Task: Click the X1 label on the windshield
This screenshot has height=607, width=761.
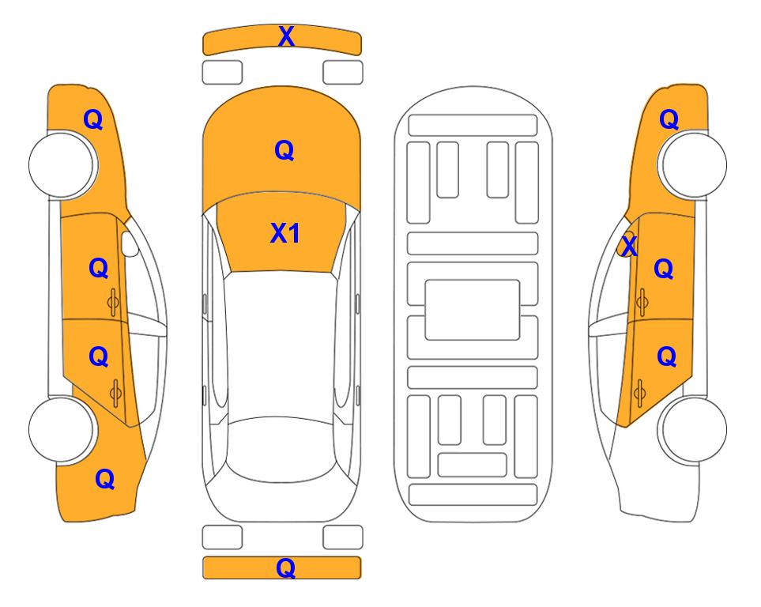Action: point(285,233)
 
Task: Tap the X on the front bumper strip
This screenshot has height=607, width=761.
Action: point(286,36)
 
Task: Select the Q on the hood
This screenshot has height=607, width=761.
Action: point(284,150)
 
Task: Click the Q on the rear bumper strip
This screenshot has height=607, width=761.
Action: point(286,567)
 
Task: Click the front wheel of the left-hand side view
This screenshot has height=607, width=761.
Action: point(62,164)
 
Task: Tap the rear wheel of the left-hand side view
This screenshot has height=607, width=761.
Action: point(62,429)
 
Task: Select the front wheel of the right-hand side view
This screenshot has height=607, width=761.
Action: point(692,164)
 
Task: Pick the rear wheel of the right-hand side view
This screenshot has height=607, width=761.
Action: point(693,429)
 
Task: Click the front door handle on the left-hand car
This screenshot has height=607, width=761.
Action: point(113,302)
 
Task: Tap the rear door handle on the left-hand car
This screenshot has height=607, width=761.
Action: point(115,393)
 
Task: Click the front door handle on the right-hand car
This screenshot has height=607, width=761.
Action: point(642,302)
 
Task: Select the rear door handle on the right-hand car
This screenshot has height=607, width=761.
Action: point(639,393)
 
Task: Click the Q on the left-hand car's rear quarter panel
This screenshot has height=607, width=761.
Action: point(105,479)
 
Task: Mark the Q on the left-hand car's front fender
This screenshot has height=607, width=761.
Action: point(93,119)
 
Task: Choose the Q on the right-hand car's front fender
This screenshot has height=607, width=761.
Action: point(669,119)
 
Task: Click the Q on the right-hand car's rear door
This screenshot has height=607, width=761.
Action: point(667,357)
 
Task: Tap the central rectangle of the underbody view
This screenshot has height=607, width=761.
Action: point(473,310)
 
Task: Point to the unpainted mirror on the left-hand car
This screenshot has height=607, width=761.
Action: point(130,244)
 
